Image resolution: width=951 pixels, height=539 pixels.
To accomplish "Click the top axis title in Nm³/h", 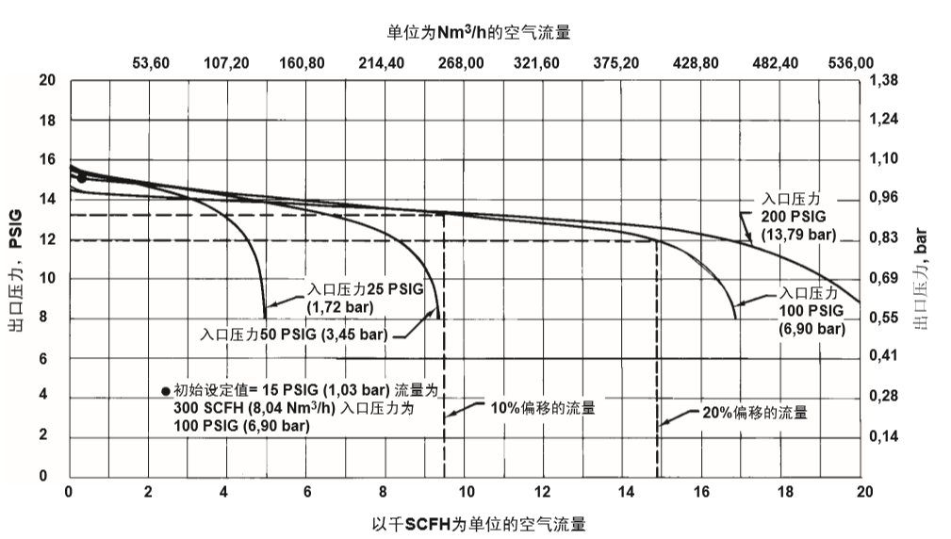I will tap(479, 32).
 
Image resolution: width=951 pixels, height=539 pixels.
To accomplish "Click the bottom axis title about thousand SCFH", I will tap(478, 523).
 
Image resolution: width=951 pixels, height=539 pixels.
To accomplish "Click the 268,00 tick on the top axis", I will tap(462, 63).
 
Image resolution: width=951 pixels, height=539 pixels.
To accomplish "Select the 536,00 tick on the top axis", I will tap(850, 63).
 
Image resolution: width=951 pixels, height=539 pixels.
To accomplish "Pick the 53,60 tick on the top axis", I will tap(151, 63).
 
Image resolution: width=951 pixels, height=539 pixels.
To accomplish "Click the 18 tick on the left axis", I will tap(47, 121).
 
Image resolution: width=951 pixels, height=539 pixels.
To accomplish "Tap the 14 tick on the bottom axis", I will tap(625, 492).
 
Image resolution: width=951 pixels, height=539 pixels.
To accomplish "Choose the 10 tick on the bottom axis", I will tap(465, 492).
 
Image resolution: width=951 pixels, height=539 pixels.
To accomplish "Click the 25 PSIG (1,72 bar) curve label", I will tap(341, 298).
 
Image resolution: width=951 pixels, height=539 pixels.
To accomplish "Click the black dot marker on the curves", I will tap(82, 177).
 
